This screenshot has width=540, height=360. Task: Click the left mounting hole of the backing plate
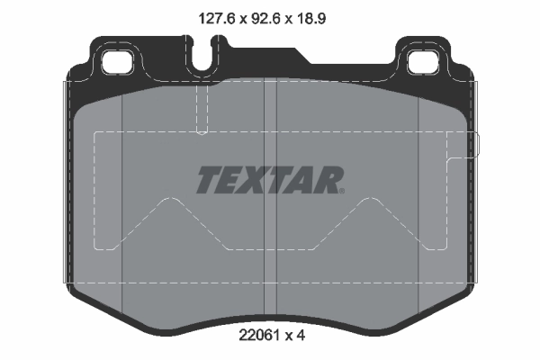[116, 62]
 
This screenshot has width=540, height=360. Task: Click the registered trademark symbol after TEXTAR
[342, 190]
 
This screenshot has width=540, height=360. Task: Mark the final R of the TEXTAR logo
[327, 180]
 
